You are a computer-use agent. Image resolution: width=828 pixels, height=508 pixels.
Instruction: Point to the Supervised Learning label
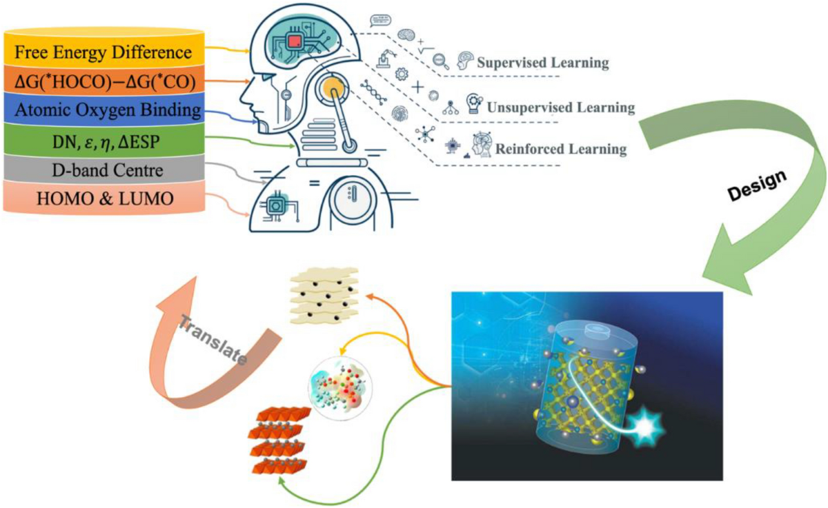coord(543,63)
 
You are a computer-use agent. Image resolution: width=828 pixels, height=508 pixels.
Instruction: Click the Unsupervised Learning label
coord(560,108)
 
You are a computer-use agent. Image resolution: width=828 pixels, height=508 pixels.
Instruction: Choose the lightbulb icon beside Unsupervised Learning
coord(474,103)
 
